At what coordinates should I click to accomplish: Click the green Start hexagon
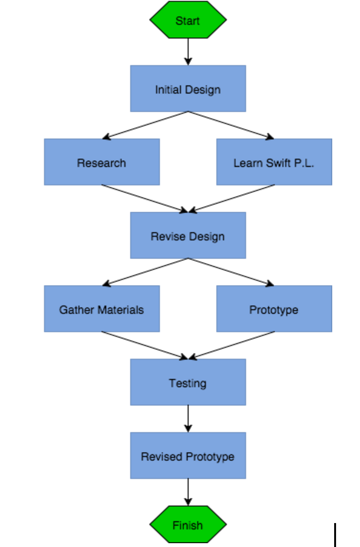point(188,20)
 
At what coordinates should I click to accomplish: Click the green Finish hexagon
point(188,525)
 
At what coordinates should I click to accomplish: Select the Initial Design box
point(188,89)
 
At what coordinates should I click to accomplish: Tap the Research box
point(101,162)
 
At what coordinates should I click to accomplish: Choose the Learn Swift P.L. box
point(274,162)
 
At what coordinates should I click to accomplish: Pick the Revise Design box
point(188,236)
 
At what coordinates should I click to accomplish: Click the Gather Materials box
point(101,309)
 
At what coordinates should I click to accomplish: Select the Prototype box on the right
point(274,309)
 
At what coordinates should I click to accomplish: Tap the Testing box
point(188,382)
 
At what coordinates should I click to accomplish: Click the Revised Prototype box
point(188,456)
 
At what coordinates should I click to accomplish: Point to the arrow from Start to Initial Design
point(188,52)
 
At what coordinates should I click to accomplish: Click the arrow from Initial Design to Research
point(145,125)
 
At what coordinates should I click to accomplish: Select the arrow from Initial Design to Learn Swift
point(231,125)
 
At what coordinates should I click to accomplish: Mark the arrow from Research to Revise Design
point(145,198)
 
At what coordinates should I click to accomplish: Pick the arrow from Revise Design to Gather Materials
point(145,272)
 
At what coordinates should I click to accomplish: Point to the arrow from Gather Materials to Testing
point(145,345)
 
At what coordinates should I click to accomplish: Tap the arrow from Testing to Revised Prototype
point(188,419)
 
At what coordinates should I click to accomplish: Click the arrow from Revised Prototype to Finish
point(188,492)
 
